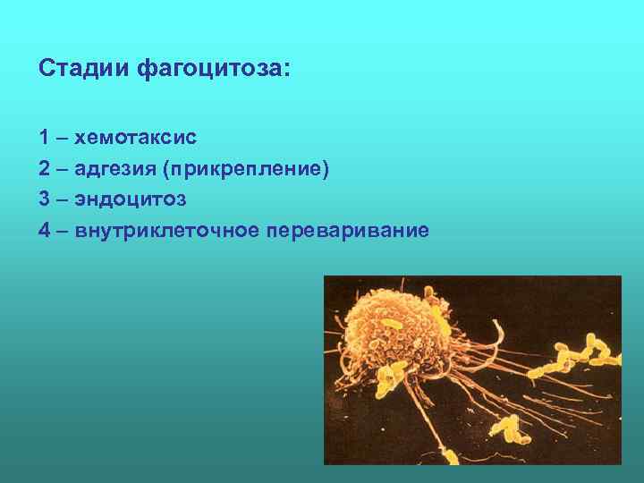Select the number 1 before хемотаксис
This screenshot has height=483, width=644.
point(44,139)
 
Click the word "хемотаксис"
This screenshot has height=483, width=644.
point(136,139)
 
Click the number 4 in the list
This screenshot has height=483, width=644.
point(44,231)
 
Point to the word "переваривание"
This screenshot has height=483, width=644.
point(349,231)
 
